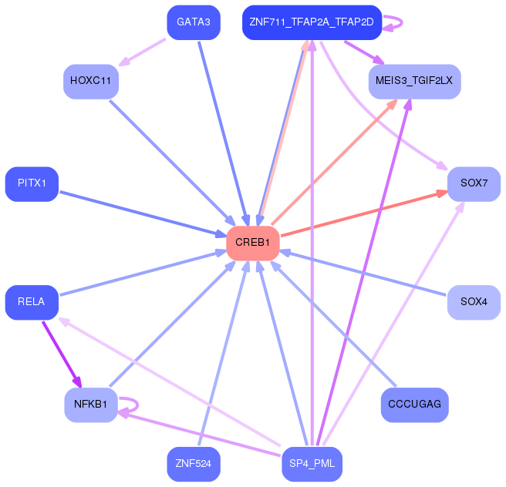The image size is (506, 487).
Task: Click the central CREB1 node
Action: tap(252, 243)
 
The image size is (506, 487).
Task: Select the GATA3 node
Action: tap(194, 22)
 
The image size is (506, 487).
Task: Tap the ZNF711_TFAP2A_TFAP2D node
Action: tap(312, 22)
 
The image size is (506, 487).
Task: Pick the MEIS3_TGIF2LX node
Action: tap(414, 81)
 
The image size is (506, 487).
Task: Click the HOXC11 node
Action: tap(91, 81)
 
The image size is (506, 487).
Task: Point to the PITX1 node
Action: tap(32, 183)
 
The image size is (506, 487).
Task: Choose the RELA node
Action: tap(32, 301)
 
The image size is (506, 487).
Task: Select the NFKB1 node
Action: tap(91, 404)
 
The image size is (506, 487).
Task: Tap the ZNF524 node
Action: tap(194, 464)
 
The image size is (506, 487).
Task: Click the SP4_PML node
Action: tap(312, 464)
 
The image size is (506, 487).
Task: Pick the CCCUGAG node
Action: tap(414, 404)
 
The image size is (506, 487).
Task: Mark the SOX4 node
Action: tap(474, 301)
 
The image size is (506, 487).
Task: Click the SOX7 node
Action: tap(474, 183)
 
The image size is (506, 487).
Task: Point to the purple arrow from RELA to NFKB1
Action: tap(61, 354)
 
